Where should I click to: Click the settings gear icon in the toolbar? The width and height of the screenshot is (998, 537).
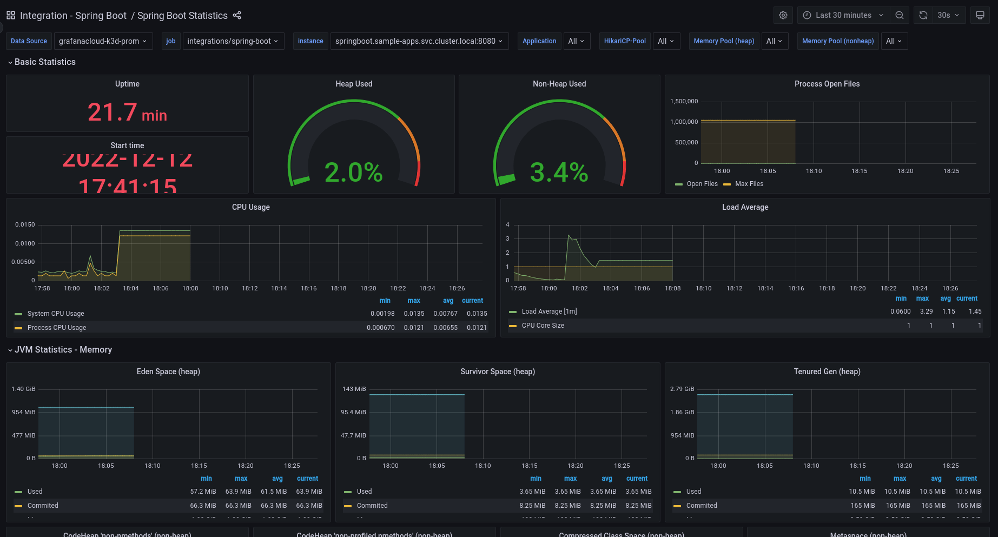pyautogui.click(x=783, y=15)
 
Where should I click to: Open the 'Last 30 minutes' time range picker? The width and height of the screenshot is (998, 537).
pyautogui.click(x=843, y=15)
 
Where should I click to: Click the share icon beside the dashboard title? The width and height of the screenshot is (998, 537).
pyautogui.click(x=237, y=15)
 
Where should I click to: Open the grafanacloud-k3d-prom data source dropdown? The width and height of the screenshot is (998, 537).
pyautogui.click(x=103, y=41)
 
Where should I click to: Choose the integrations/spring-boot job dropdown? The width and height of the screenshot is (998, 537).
pyautogui.click(x=233, y=41)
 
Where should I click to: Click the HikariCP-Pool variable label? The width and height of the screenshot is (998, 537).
pyautogui.click(x=625, y=41)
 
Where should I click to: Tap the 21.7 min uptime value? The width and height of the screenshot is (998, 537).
pyautogui.click(x=127, y=112)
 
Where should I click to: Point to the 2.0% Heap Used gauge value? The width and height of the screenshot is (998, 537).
pyautogui.click(x=353, y=173)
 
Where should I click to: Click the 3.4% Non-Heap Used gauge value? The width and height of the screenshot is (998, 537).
pyautogui.click(x=559, y=173)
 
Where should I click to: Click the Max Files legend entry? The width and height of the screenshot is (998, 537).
pyautogui.click(x=749, y=184)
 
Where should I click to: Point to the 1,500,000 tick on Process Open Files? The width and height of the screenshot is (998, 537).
pyautogui.click(x=684, y=101)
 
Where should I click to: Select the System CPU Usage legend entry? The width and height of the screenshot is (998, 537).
pyautogui.click(x=56, y=314)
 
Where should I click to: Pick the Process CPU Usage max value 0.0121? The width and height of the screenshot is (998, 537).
pyautogui.click(x=414, y=328)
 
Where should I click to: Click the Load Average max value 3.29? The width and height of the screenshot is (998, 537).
pyautogui.click(x=926, y=311)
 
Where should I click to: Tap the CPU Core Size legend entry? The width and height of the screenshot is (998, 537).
pyautogui.click(x=543, y=326)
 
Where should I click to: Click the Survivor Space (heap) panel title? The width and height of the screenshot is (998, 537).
pyautogui.click(x=497, y=372)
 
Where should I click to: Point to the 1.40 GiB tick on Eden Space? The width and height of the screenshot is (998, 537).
pyautogui.click(x=23, y=389)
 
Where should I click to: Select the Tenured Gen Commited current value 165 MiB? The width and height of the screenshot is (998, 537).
pyautogui.click(x=968, y=506)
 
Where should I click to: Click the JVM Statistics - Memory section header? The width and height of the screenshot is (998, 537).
pyautogui.click(x=63, y=350)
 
